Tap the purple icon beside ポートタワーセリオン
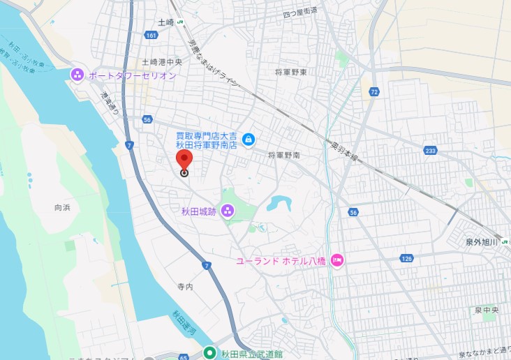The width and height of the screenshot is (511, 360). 77,75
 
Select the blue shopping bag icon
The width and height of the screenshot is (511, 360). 248,140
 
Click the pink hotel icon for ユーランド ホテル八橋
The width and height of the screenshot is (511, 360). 336,260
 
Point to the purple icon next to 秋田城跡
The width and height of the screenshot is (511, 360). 227,211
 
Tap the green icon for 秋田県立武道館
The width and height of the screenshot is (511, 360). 209,353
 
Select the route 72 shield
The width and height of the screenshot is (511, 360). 375,92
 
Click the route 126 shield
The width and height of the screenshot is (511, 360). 407,260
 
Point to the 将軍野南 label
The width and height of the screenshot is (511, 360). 283,155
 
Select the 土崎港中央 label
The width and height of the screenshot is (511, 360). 162,61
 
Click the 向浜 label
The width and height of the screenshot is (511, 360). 62,207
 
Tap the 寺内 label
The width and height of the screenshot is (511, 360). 185,286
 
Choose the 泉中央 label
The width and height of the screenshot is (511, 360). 487,310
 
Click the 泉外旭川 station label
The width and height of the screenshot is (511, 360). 482,242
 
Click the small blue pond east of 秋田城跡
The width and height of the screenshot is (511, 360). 279,203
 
